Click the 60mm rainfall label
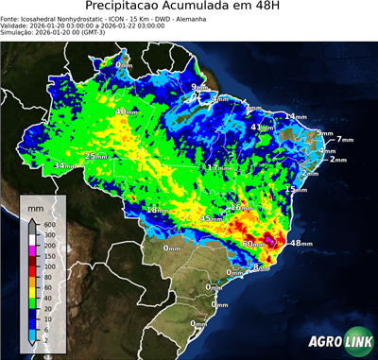coord(253,245)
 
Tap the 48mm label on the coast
coord(300,244)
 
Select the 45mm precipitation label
coord(211,219)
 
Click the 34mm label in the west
coord(64,166)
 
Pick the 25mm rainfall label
coord(96,157)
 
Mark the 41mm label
coord(262,128)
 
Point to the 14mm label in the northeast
coord(296,117)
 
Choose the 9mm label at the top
coord(199,88)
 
